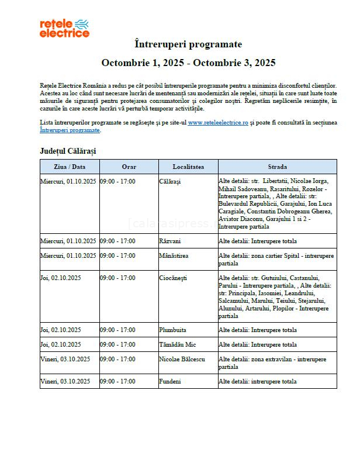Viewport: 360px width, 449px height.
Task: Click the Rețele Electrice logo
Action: [64, 27]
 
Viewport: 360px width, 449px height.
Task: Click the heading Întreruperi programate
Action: [188, 44]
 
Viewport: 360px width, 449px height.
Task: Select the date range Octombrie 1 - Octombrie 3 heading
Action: [188, 63]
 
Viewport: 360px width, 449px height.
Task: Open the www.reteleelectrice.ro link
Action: [218, 123]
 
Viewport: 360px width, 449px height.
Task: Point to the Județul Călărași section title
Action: [68, 151]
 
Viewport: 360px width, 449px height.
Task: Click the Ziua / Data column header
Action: [70, 167]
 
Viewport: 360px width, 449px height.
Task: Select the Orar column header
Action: [129, 167]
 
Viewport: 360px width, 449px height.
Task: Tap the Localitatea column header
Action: [188, 167]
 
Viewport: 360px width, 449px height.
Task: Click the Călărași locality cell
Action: [170, 181]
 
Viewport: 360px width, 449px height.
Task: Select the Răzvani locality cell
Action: [170, 241]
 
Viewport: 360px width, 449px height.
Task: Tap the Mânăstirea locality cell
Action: [174, 255]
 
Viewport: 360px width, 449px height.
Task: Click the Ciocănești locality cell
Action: [172, 278]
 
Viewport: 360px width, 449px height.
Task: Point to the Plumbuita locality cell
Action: [172, 330]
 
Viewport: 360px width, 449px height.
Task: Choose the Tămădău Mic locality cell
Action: [176, 344]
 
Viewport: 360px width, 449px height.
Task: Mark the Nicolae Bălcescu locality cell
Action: [182, 359]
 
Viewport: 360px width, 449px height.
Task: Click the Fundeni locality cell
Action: [170, 381]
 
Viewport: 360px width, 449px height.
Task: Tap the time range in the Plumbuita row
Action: [117, 330]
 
